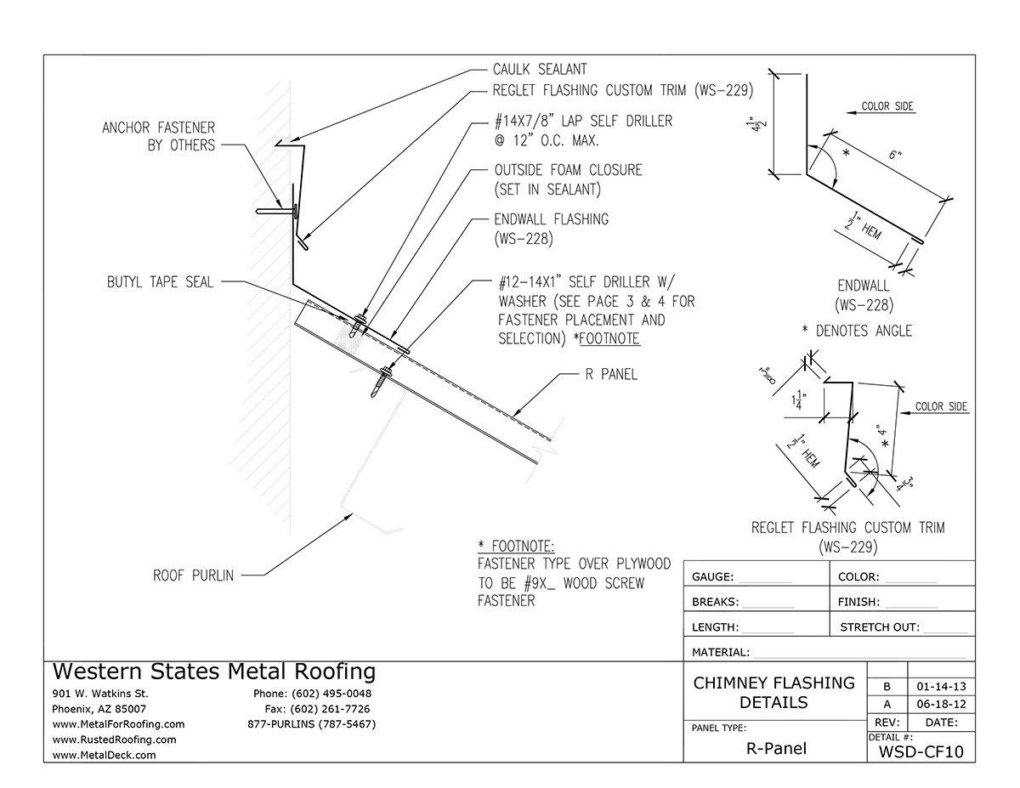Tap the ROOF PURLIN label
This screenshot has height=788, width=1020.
click(194, 575)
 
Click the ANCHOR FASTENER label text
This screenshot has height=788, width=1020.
click(158, 137)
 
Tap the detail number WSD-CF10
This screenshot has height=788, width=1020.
click(921, 751)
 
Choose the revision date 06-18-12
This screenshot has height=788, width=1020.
click(940, 705)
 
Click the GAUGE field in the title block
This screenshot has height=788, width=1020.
click(712, 577)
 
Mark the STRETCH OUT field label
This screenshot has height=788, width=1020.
click(879, 628)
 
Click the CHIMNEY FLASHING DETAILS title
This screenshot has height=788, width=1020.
click(774, 693)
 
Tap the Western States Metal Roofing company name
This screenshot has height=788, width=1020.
click(214, 672)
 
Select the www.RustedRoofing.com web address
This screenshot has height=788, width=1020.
click(115, 740)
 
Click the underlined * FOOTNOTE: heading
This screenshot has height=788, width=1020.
click(516, 546)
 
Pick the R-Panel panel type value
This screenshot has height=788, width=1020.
click(775, 749)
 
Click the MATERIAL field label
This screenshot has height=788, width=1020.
click(721, 653)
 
